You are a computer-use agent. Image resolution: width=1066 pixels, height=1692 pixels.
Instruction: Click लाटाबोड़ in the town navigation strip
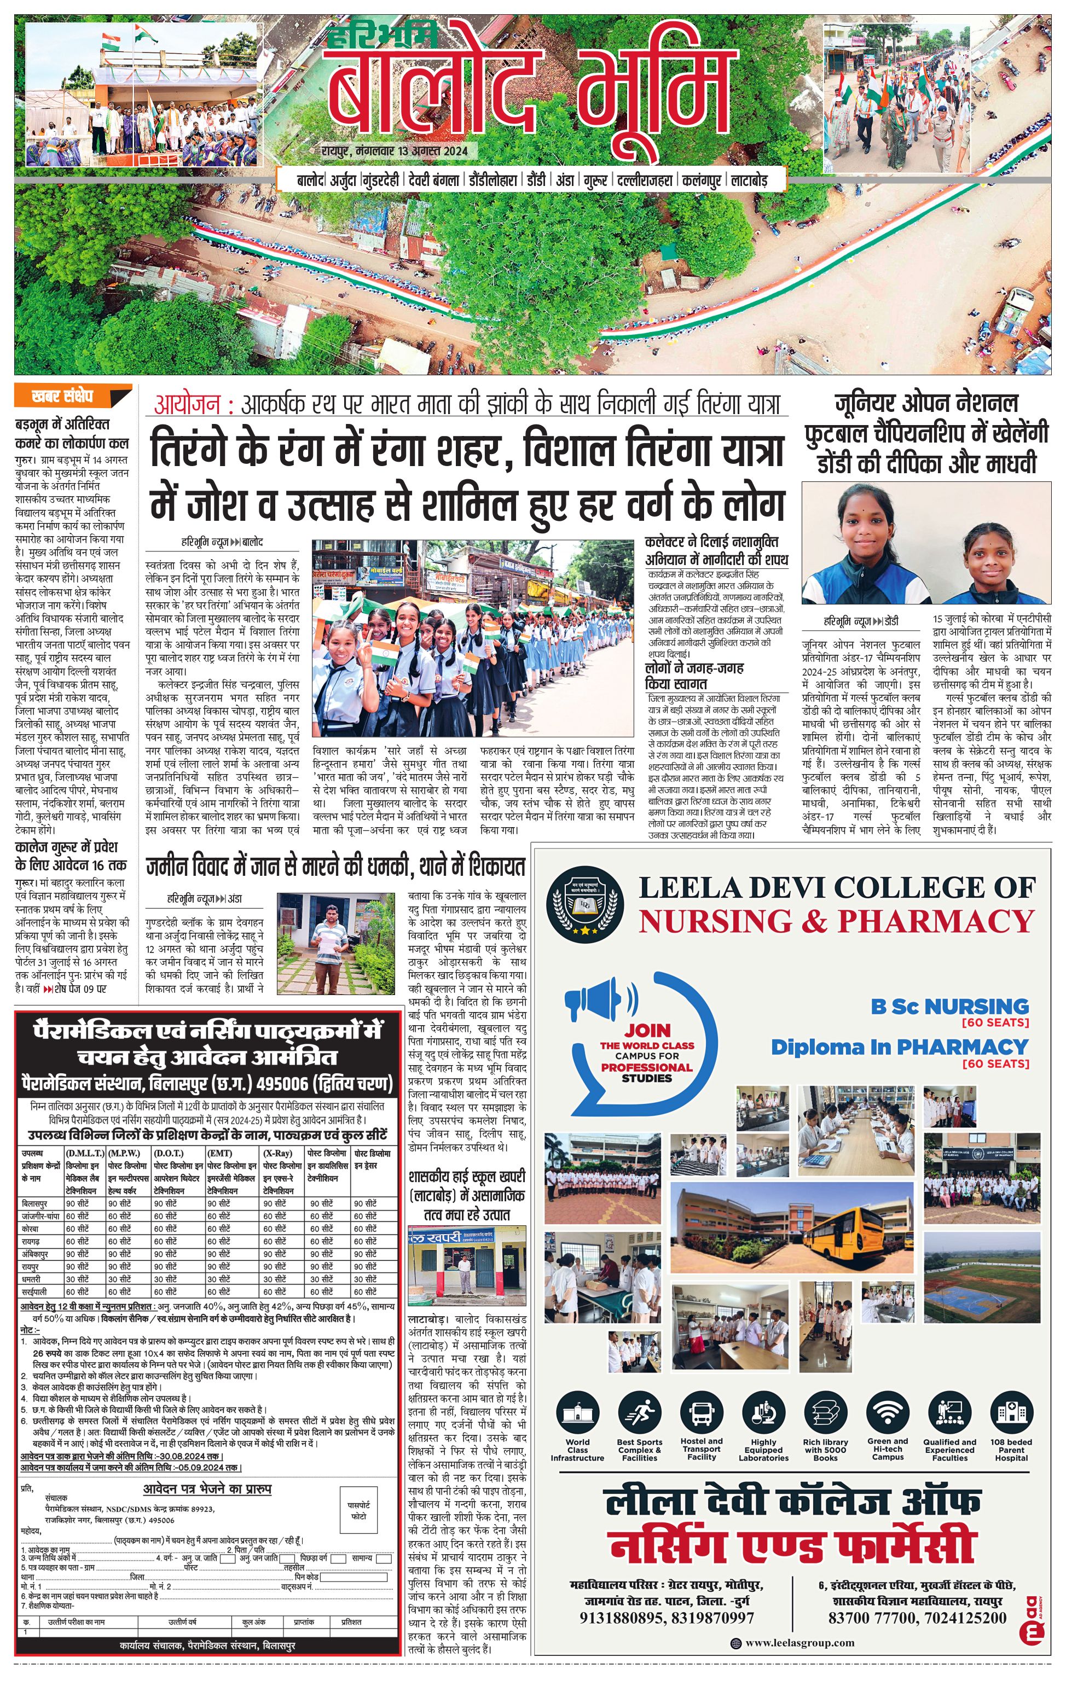pos(757,181)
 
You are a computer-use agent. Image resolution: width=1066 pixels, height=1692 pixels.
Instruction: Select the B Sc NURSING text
pos(949,1006)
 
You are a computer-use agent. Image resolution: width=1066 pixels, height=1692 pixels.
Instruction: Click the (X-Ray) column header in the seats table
pos(277,1153)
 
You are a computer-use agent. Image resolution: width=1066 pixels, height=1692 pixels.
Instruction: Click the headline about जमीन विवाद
pos(335,867)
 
